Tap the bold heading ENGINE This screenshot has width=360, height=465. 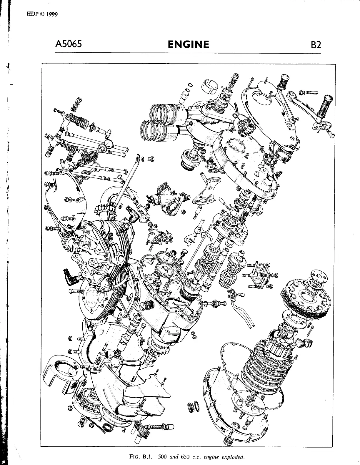point(188,44)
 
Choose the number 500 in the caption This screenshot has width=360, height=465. point(163,457)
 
